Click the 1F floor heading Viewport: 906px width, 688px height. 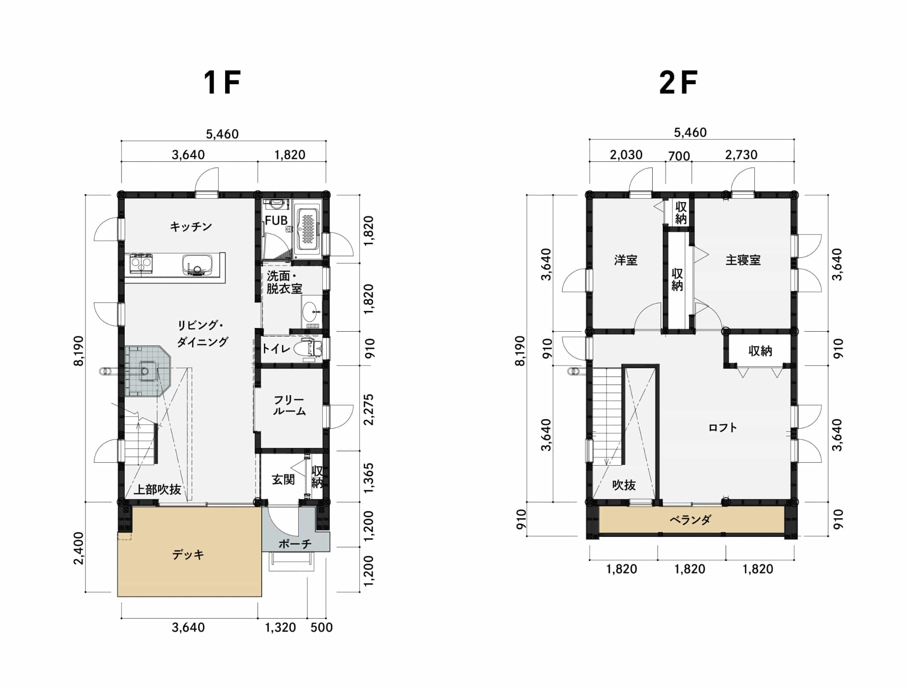pos(222,83)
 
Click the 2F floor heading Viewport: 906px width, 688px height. pos(678,83)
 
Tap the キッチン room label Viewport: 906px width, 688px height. pos(191,227)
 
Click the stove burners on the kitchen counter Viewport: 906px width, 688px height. pos(141,263)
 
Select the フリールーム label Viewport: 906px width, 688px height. pos(289,406)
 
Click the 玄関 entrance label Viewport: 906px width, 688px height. pos(283,479)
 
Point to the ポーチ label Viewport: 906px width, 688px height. pos(295,544)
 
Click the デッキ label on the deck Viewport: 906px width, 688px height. pos(188,554)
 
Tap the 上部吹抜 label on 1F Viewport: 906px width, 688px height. pos(157,490)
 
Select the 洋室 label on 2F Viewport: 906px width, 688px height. pos(626,260)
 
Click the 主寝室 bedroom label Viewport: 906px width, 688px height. pos(743,260)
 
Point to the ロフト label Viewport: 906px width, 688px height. pos(723,427)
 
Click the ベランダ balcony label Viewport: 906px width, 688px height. pos(690,520)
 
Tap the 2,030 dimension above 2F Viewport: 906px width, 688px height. pos(626,155)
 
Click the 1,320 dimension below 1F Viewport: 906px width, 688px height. pos(280,627)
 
